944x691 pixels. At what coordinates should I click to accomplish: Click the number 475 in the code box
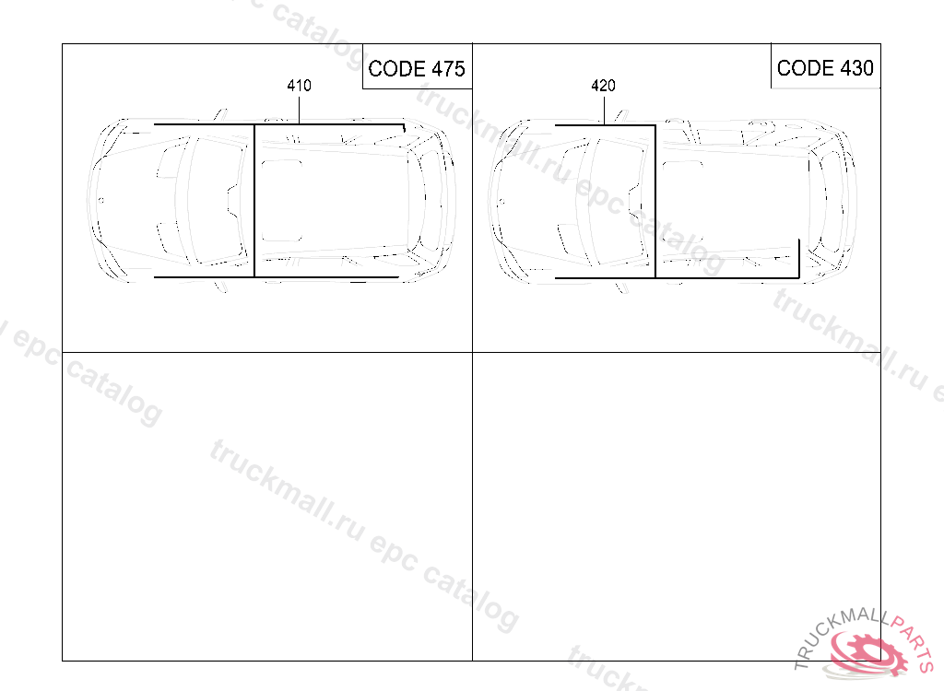pos(449,68)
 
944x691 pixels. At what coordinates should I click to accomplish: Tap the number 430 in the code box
pos(856,68)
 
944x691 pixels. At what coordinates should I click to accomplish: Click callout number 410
pos(300,86)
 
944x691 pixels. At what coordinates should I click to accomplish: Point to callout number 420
pos(603,86)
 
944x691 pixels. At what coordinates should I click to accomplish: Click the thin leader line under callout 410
pos(300,109)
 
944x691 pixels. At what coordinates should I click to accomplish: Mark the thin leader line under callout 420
pos(604,111)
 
